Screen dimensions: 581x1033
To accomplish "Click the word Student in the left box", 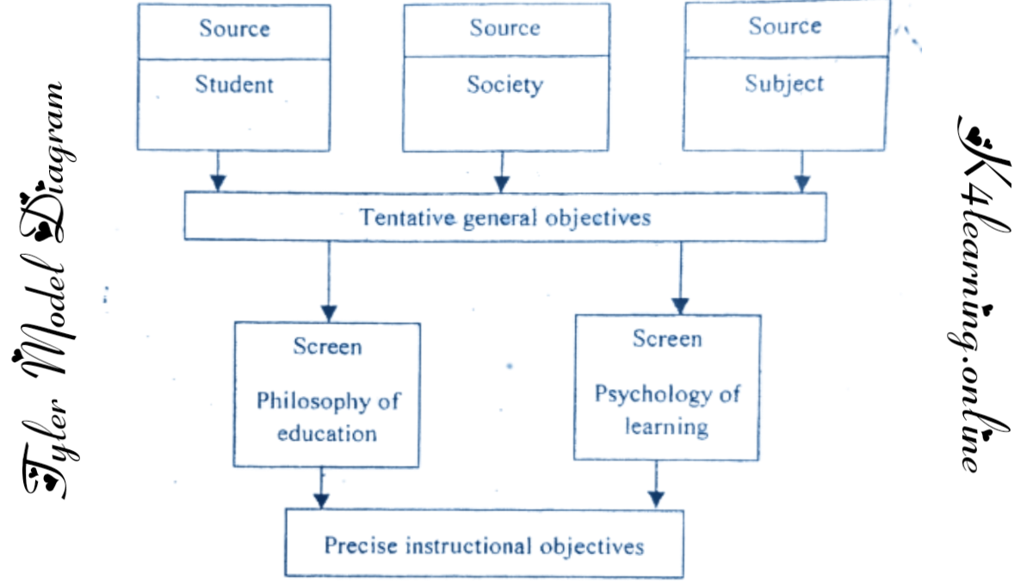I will coord(234,84).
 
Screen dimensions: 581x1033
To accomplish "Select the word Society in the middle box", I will coord(504,84).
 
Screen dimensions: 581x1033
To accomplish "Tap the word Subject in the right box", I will coord(784,83).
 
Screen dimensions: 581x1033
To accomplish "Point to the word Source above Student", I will coord(234,28).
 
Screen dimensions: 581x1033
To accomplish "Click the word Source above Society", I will coord(504,28).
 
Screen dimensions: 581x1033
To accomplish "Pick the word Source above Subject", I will coord(784,27).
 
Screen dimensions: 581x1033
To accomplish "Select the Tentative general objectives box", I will coord(504,216).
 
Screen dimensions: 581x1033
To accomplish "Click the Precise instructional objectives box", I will coord(484,545).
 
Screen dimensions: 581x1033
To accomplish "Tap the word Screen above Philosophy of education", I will coord(327,347).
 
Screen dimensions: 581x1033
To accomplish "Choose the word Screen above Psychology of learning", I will coord(667,339).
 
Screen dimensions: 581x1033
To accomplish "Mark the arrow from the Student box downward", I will coord(218,171).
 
